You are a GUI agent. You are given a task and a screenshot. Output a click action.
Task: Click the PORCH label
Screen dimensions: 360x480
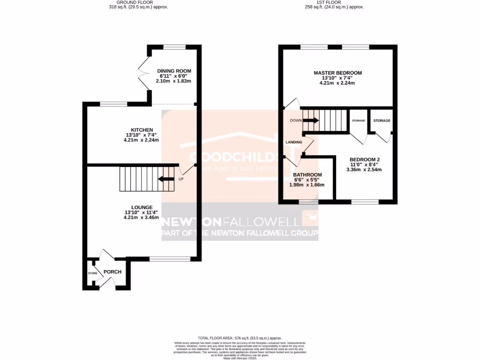112,272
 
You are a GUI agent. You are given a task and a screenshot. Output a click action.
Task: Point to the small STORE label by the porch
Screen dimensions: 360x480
92,273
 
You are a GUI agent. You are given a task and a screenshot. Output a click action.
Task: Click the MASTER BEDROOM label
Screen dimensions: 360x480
337,73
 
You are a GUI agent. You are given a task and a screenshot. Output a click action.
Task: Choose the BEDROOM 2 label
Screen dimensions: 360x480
364,159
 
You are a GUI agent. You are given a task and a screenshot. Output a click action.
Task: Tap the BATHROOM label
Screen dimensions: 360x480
307,174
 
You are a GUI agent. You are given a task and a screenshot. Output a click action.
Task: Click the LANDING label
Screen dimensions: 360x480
293,142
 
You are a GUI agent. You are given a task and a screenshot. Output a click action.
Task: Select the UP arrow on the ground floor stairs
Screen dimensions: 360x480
166,179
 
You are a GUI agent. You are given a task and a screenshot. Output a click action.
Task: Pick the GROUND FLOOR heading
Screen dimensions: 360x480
135,2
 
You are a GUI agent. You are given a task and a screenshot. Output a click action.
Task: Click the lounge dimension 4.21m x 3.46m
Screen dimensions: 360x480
141,217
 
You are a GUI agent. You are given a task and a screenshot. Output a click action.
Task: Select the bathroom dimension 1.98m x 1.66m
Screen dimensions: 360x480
307,185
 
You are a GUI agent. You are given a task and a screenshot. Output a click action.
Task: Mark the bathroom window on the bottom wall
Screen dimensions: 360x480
308,202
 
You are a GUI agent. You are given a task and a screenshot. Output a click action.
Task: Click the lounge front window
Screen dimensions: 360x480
170,259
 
